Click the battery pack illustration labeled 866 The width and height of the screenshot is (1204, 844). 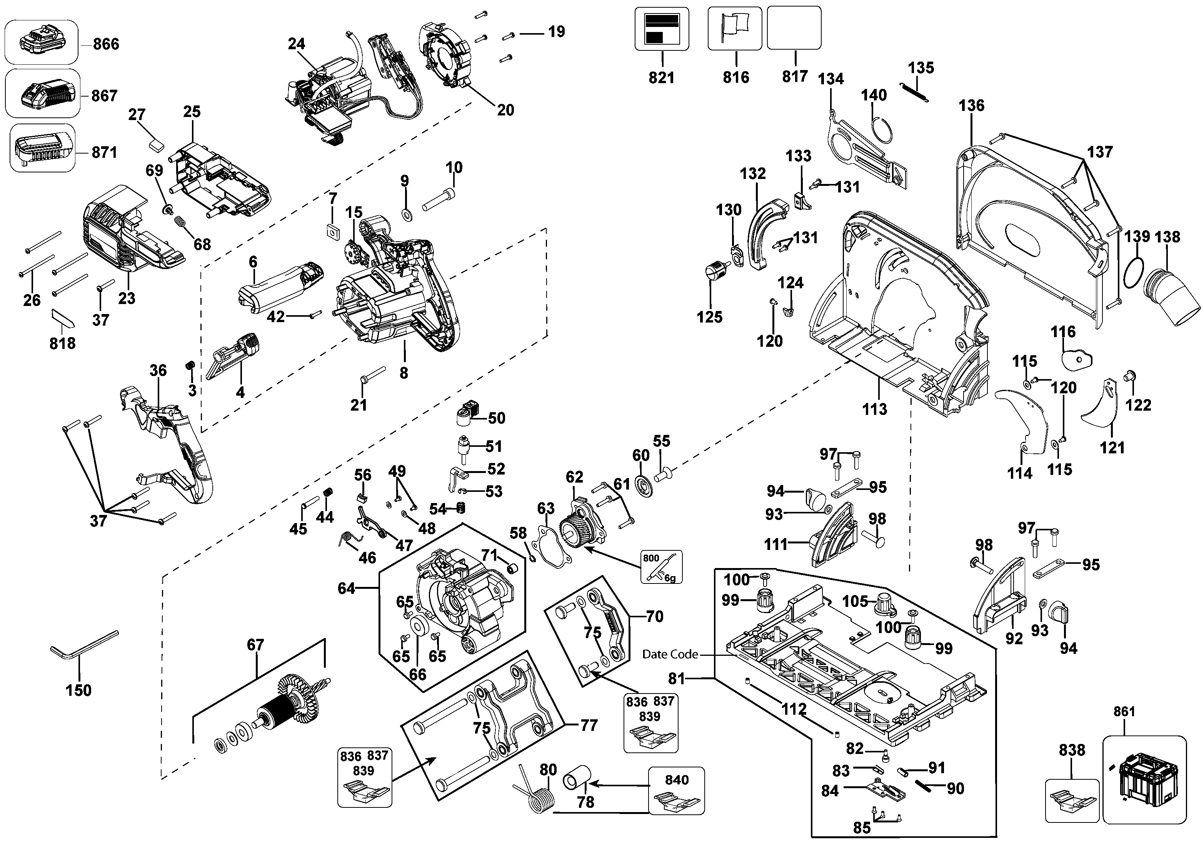pyautogui.click(x=42, y=42)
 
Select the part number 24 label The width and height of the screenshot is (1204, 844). pyautogui.click(x=296, y=43)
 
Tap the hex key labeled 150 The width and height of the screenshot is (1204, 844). pyautogui.click(x=84, y=651)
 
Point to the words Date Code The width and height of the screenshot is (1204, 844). pyautogui.click(x=670, y=654)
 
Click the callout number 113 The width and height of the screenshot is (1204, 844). pyautogui.click(x=875, y=409)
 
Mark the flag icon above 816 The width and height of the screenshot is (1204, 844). pyautogui.click(x=734, y=27)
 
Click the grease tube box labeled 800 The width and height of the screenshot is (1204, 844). pyautogui.click(x=661, y=567)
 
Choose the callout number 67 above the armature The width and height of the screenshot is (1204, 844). pyautogui.click(x=255, y=645)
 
